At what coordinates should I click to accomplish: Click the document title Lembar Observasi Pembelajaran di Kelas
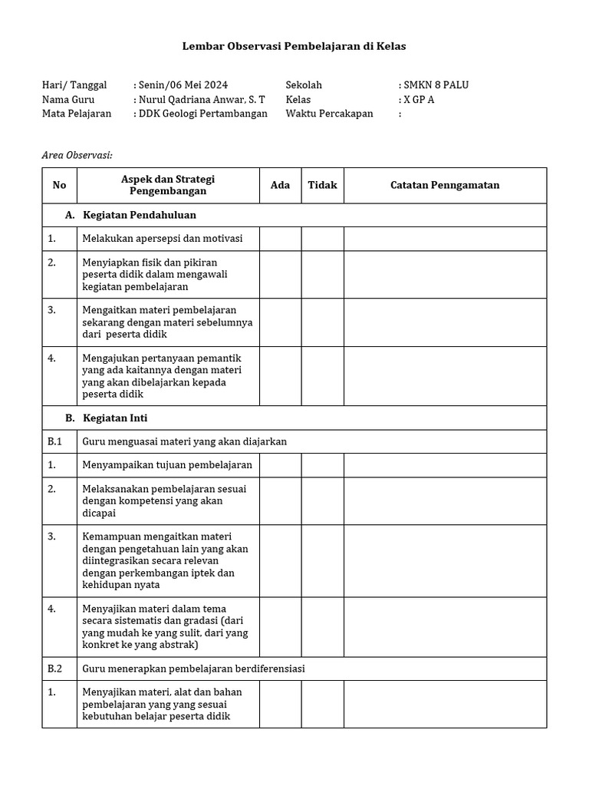pyautogui.click(x=294, y=46)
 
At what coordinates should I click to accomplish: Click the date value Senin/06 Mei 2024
pyautogui.click(x=183, y=85)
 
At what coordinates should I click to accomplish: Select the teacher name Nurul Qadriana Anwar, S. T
pyautogui.click(x=202, y=100)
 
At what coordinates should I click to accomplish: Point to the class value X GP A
pyautogui.click(x=419, y=100)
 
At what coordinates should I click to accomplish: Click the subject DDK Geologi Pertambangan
pyautogui.click(x=202, y=114)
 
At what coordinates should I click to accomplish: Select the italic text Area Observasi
pyautogui.click(x=77, y=156)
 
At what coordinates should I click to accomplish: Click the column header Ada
pyautogui.click(x=280, y=185)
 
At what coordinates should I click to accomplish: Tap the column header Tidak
pyautogui.click(x=322, y=185)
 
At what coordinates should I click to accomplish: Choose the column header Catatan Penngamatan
pyautogui.click(x=445, y=185)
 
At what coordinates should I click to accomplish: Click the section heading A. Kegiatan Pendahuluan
pyautogui.click(x=130, y=215)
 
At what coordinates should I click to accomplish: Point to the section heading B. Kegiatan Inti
pyautogui.click(x=107, y=418)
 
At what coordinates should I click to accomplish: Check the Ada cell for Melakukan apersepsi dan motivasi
pyautogui.click(x=280, y=239)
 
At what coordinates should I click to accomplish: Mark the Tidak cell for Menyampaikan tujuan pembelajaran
pyautogui.click(x=322, y=465)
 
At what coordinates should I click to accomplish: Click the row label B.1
pyautogui.click(x=54, y=441)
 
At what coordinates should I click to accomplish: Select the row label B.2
pyautogui.click(x=54, y=669)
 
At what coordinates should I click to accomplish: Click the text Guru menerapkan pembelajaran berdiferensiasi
pyautogui.click(x=193, y=669)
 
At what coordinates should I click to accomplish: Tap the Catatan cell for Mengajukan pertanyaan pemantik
pyautogui.click(x=445, y=376)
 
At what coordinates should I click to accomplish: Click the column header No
pyautogui.click(x=60, y=185)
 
